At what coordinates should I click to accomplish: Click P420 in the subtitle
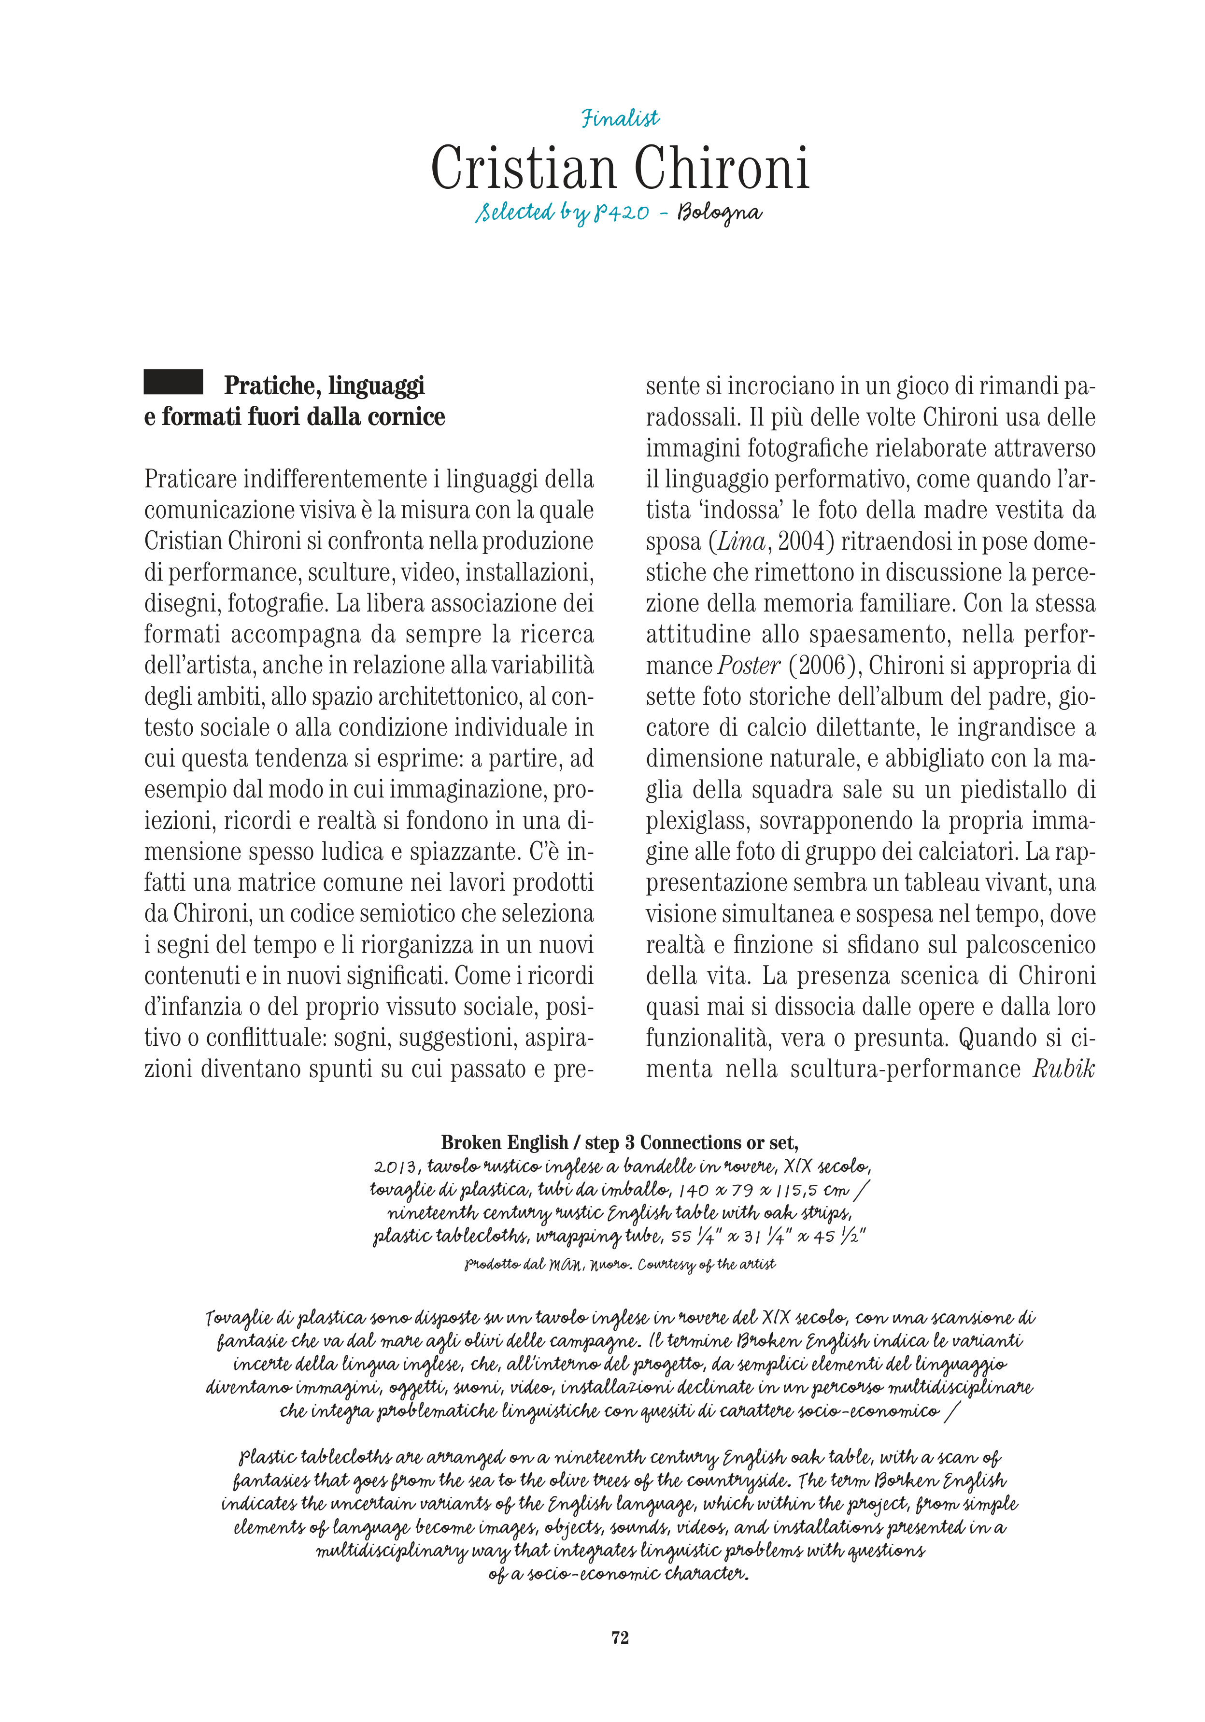click(x=621, y=214)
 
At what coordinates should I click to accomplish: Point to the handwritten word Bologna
click(x=719, y=214)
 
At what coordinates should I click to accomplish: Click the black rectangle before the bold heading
click(x=173, y=382)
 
